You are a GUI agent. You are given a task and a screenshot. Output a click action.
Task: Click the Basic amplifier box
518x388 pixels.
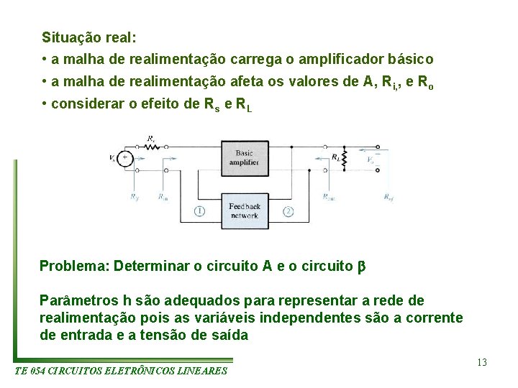coord(244,157)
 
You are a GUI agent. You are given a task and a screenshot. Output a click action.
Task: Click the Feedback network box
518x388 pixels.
coord(244,211)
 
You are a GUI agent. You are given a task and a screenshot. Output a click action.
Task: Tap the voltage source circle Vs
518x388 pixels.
coord(124,158)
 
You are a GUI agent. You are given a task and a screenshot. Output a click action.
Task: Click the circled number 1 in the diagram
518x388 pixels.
coord(199,211)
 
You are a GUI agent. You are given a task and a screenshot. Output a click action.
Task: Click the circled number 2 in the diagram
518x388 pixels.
coord(288,211)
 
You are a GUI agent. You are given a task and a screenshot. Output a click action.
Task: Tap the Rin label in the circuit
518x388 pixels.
coord(163,196)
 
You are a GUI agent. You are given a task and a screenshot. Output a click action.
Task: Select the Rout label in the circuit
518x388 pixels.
coord(328,196)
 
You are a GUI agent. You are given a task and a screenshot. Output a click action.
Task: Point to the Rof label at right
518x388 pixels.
coord(388,196)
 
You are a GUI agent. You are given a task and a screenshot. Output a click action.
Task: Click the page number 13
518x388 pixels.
coord(481,362)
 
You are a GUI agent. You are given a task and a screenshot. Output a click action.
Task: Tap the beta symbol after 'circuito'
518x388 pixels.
coord(362,266)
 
